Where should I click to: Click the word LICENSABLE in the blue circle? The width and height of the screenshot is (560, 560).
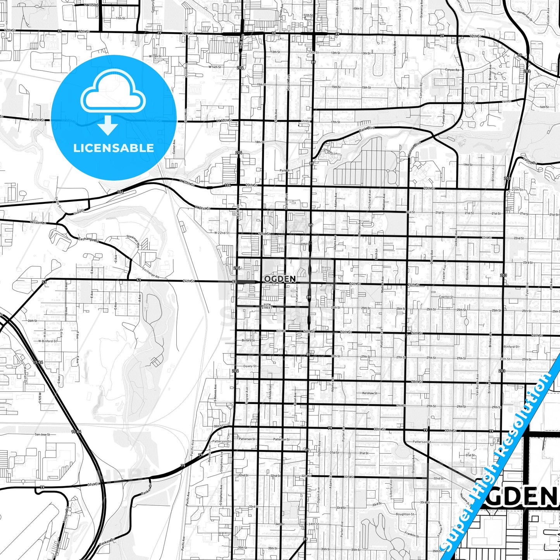[114, 148]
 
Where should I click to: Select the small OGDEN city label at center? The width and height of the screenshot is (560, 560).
[280, 279]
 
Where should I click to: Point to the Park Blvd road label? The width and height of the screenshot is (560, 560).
[367, 129]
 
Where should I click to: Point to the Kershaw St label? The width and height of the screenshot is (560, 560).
[370, 393]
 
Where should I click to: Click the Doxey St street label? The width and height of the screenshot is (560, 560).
[250, 366]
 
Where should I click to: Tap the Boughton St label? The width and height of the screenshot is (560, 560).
[405, 514]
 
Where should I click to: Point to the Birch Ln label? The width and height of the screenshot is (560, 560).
[376, 254]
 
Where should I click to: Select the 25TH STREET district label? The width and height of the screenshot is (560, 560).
[267, 306]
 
